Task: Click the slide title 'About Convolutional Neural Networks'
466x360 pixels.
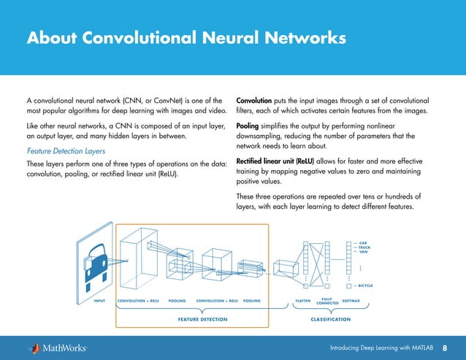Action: (186, 37)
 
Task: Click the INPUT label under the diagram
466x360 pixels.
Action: (101, 300)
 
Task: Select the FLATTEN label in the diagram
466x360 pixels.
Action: (302, 300)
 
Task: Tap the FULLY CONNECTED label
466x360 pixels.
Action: (327, 300)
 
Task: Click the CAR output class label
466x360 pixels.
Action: (363, 242)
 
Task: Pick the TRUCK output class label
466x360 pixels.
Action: (365, 248)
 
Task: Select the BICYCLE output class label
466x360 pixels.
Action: (366, 286)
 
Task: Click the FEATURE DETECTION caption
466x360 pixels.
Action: (202, 319)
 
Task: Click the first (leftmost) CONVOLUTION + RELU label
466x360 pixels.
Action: (138, 300)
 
